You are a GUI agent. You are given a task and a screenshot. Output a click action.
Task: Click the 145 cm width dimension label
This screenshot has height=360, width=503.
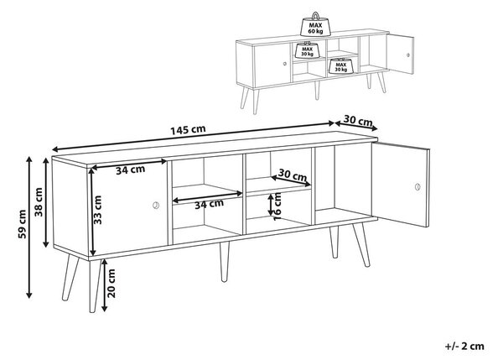188,130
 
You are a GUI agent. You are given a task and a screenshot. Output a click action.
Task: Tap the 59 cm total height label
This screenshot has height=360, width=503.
22,224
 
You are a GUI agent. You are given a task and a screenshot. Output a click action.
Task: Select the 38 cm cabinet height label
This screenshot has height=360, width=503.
39,202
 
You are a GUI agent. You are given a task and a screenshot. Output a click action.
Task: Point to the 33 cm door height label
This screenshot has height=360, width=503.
97,210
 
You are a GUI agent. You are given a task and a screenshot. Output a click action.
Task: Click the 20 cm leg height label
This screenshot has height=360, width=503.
111,284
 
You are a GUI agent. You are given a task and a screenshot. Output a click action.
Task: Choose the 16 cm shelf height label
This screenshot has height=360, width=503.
277,206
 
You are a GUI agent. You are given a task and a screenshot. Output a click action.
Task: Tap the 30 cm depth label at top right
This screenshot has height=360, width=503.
358,121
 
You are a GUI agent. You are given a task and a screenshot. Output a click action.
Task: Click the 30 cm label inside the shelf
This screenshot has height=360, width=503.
293,175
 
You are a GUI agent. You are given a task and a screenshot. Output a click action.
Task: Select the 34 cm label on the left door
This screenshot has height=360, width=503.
130,170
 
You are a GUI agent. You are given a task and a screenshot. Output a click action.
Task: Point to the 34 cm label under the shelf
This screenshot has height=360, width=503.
209,204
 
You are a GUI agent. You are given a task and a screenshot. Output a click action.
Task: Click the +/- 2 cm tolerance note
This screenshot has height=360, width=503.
464,346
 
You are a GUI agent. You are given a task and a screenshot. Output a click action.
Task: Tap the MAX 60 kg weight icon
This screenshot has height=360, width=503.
316,24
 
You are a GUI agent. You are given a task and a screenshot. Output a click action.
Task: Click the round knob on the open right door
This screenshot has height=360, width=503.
417,186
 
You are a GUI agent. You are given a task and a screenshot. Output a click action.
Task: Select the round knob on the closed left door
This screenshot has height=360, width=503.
156,206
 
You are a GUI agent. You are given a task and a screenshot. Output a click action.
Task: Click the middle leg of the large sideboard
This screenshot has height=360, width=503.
224,262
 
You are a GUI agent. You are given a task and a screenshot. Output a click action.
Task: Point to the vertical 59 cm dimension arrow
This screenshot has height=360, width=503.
29,227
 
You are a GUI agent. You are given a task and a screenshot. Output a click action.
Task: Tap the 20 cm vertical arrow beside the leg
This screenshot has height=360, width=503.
104,285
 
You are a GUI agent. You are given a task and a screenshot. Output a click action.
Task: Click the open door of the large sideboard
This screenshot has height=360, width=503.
401,185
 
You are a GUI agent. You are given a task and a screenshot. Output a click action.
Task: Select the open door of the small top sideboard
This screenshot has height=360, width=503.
400,54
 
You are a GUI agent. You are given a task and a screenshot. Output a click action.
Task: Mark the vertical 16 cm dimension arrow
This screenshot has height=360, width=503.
271,206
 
